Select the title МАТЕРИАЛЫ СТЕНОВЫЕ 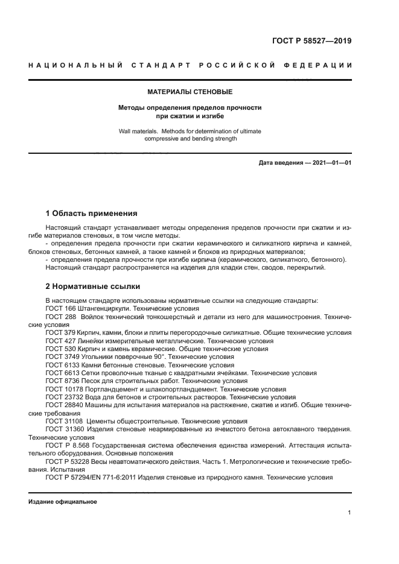pos(190,92)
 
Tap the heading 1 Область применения pos(92,213)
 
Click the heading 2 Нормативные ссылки pos(93,287)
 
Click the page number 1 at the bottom pos(350,512)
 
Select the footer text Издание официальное pos(63,501)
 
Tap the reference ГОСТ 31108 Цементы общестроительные pos(146,421)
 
